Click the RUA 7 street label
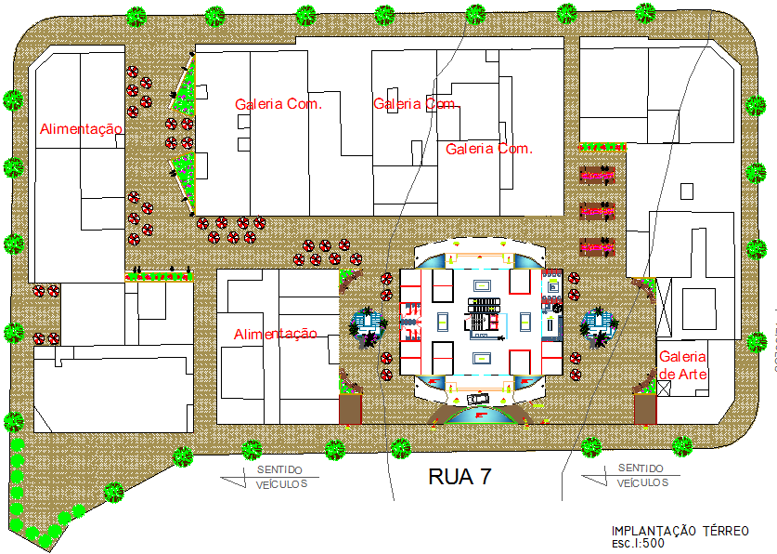[459, 478]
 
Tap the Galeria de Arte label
[682, 365]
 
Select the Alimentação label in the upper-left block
[80, 129]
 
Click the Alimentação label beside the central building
[275, 334]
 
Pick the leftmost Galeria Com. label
[278, 104]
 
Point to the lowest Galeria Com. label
[488, 149]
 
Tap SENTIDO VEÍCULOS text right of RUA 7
[641, 475]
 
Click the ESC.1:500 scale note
[639, 543]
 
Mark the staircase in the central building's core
[483, 317]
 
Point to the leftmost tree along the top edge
[137, 15]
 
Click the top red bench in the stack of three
[597, 173]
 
